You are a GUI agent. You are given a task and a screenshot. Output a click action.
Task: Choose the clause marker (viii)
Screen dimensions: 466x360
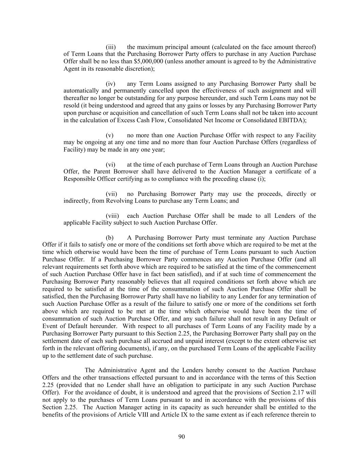(112, 216)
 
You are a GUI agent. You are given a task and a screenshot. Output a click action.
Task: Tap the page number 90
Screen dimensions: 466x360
(182, 437)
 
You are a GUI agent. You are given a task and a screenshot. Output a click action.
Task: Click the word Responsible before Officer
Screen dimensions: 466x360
(80, 179)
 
